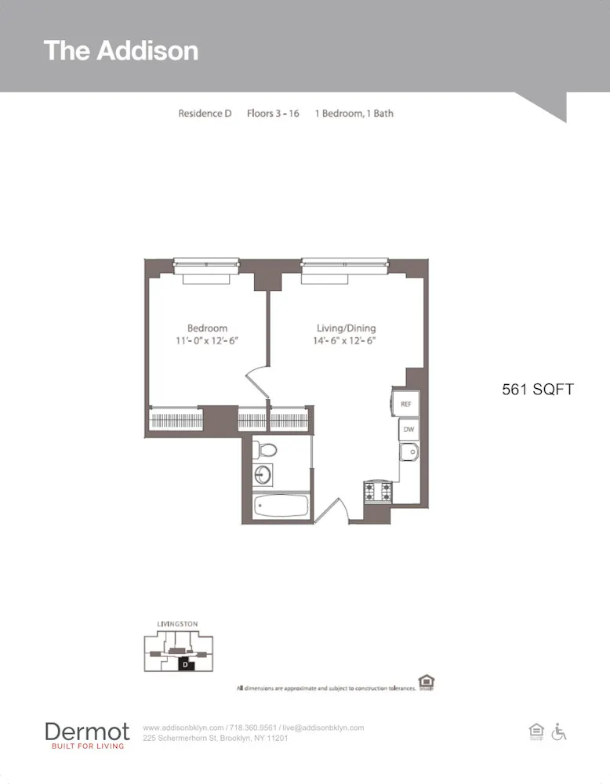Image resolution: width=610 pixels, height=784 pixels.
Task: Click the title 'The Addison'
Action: coord(121,50)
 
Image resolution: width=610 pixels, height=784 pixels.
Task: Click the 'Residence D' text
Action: coord(205,113)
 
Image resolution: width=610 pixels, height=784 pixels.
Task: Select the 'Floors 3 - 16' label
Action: coord(273,113)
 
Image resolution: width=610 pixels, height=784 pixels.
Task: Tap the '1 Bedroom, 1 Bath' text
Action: coord(354,113)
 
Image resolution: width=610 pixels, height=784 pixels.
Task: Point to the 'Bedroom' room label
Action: coord(207,328)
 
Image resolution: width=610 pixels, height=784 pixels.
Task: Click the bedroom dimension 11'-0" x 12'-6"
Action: coord(207,341)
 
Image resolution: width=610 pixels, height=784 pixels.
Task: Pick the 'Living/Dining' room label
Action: coord(346,328)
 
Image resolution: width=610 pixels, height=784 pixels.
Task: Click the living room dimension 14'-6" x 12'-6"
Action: coord(346,341)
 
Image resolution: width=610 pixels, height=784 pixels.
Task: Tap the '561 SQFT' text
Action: coord(538,389)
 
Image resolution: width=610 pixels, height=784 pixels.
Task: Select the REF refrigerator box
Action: coord(405,404)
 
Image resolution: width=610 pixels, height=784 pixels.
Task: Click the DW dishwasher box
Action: coord(408,430)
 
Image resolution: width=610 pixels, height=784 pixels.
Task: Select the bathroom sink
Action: coord(263,474)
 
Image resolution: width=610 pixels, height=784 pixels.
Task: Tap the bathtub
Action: coord(281,506)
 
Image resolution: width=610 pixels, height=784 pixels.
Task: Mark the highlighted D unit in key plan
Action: coord(185,664)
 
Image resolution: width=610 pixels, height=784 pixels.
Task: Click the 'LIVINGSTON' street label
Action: coord(177,624)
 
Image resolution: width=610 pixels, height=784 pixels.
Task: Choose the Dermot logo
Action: coord(87,735)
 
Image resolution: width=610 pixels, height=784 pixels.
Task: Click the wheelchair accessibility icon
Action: coord(559,731)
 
